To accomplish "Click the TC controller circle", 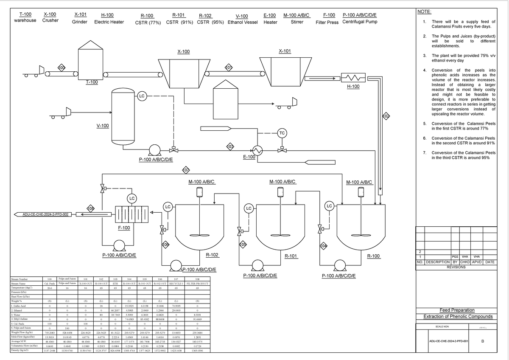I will click(x=282, y=133).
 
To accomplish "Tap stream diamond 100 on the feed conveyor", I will click(x=62, y=68).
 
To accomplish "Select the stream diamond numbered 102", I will click(x=386, y=116).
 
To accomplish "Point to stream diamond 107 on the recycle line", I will click(x=185, y=171).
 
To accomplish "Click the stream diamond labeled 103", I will click(x=230, y=147).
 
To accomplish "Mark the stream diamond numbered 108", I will click(x=90, y=208).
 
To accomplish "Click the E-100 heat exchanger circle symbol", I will click(x=257, y=149).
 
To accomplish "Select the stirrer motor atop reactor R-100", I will click(x=360, y=192).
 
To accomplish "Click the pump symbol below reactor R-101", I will click(x=257, y=265).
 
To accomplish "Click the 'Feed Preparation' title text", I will click(x=458, y=310).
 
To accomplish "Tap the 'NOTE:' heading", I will click(x=424, y=11).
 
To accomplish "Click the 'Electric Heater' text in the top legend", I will click(x=109, y=22).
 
